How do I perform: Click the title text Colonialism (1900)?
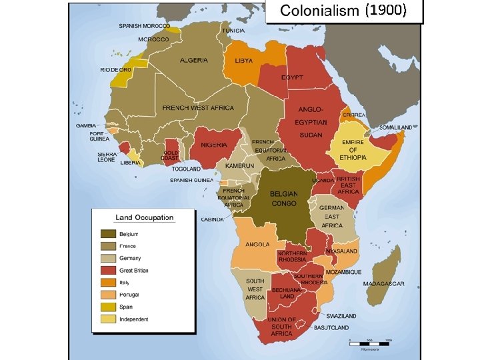tap(343, 11)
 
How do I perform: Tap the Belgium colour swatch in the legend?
tap(108, 234)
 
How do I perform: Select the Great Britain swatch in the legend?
tap(108, 270)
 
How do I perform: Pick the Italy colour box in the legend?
tap(108, 282)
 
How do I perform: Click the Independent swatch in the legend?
tap(108, 319)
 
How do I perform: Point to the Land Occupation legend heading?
tap(144, 217)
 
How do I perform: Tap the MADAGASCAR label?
tap(384, 283)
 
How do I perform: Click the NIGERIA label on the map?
tap(214, 145)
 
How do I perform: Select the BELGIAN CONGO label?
tap(284, 198)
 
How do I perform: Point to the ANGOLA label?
tap(257, 244)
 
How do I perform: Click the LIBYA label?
tap(244, 61)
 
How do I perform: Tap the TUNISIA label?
tap(233, 31)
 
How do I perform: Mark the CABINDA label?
tap(213, 219)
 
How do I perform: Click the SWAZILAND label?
tap(341, 315)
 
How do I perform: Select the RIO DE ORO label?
tap(115, 69)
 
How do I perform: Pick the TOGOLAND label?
tap(185, 169)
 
